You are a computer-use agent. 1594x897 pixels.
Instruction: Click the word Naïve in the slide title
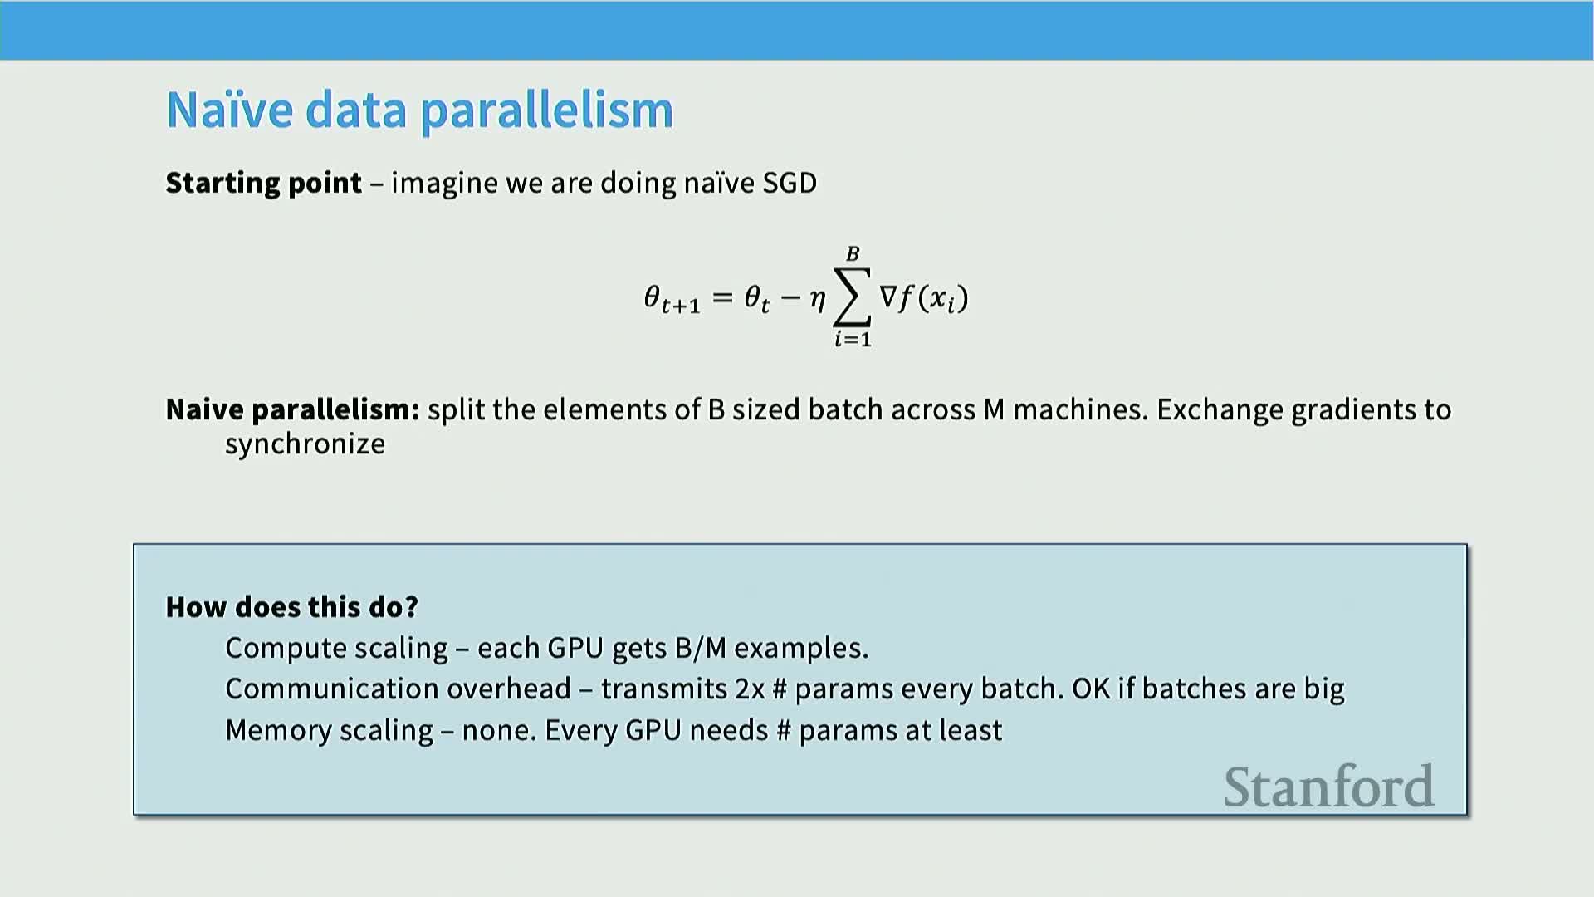pos(230,110)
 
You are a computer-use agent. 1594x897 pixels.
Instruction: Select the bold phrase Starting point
pos(264,183)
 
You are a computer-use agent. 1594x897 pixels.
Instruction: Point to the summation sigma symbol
pos(853,297)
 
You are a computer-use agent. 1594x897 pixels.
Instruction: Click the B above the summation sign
pos(853,253)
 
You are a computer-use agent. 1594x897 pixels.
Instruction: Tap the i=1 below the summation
pos(853,339)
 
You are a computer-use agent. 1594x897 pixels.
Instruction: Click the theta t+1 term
pos(672,299)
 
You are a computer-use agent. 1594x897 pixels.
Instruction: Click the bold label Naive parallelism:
pos(293,410)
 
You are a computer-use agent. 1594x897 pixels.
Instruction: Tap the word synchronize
pos(306,444)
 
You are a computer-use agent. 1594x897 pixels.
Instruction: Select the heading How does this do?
pos(292,607)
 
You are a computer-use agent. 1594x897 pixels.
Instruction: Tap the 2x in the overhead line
pos(750,689)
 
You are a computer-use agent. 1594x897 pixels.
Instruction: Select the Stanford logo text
pos(1329,787)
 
